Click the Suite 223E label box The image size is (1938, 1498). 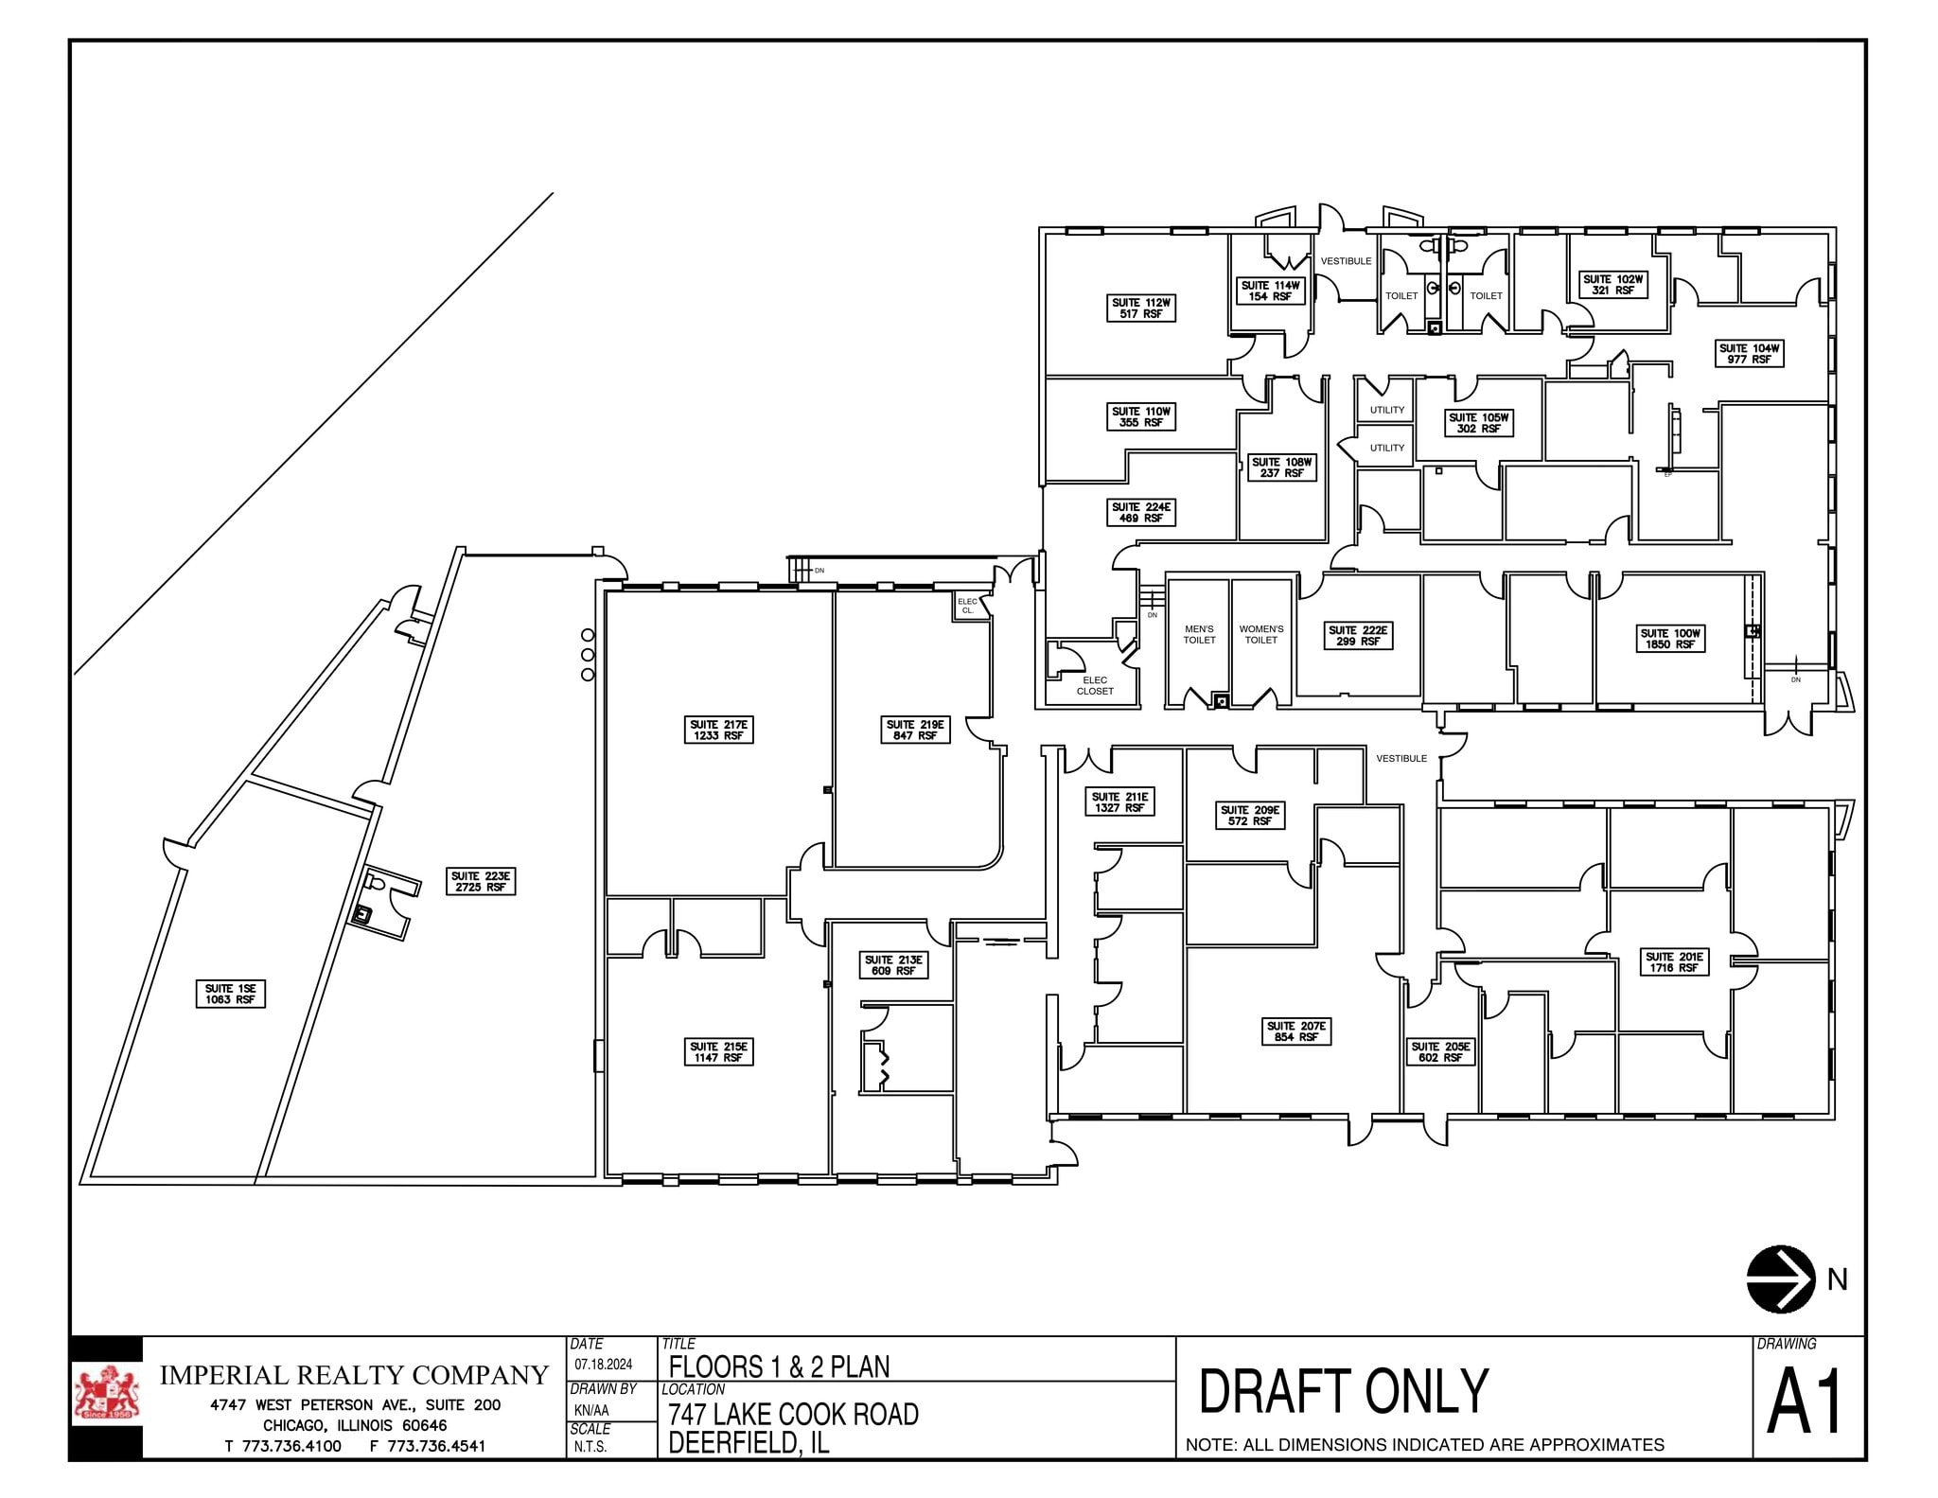tap(481, 882)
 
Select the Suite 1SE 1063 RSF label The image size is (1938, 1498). tap(231, 994)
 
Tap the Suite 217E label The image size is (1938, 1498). tap(719, 730)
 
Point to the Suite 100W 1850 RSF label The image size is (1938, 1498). tap(1670, 639)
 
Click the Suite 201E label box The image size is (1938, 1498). tap(1674, 962)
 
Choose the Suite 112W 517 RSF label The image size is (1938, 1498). tap(1141, 308)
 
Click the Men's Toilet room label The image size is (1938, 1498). tap(1199, 634)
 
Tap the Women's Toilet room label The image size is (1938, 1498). tap(1260, 634)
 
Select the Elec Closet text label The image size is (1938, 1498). tap(1095, 685)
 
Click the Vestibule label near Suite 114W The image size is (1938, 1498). tap(1346, 261)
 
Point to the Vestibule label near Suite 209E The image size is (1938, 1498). tap(1401, 758)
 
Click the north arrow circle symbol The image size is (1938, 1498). tap(1781, 1278)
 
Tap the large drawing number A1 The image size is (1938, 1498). tap(1806, 1404)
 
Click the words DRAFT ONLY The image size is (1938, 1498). tap(1344, 1391)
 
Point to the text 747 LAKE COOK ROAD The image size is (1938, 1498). tap(793, 1414)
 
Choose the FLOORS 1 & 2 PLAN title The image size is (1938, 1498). tap(779, 1366)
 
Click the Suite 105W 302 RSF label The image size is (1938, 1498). tap(1479, 423)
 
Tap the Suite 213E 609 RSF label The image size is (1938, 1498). tap(893, 965)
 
